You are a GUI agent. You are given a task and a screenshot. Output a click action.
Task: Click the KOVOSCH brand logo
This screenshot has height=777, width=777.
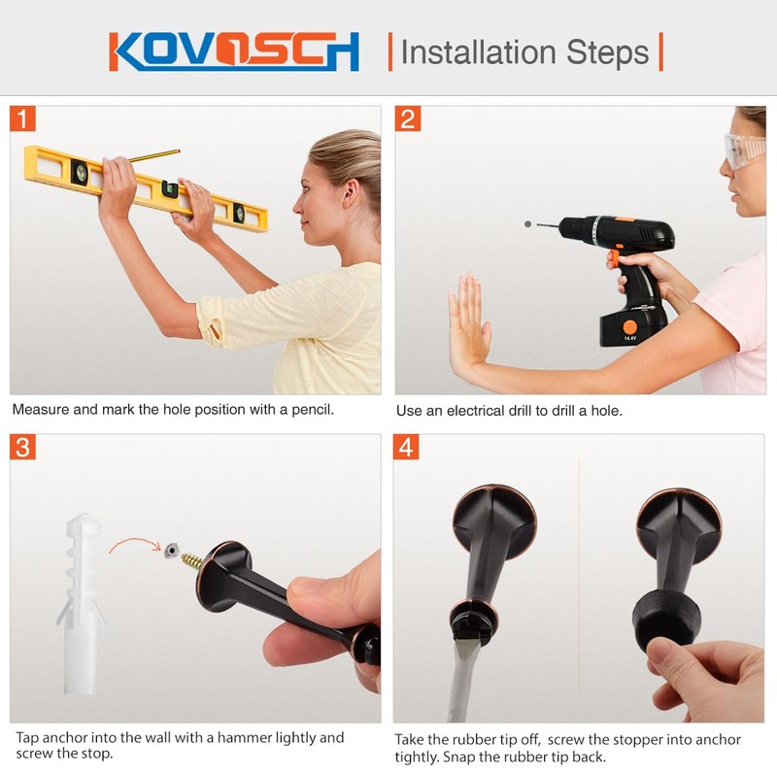click(234, 51)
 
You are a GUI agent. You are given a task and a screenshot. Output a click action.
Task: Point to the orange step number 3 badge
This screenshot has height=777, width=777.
click(23, 448)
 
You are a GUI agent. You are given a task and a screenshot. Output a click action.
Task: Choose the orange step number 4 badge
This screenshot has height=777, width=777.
click(408, 448)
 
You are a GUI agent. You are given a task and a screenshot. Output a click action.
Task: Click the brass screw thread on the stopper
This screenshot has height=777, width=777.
click(191, 560)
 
